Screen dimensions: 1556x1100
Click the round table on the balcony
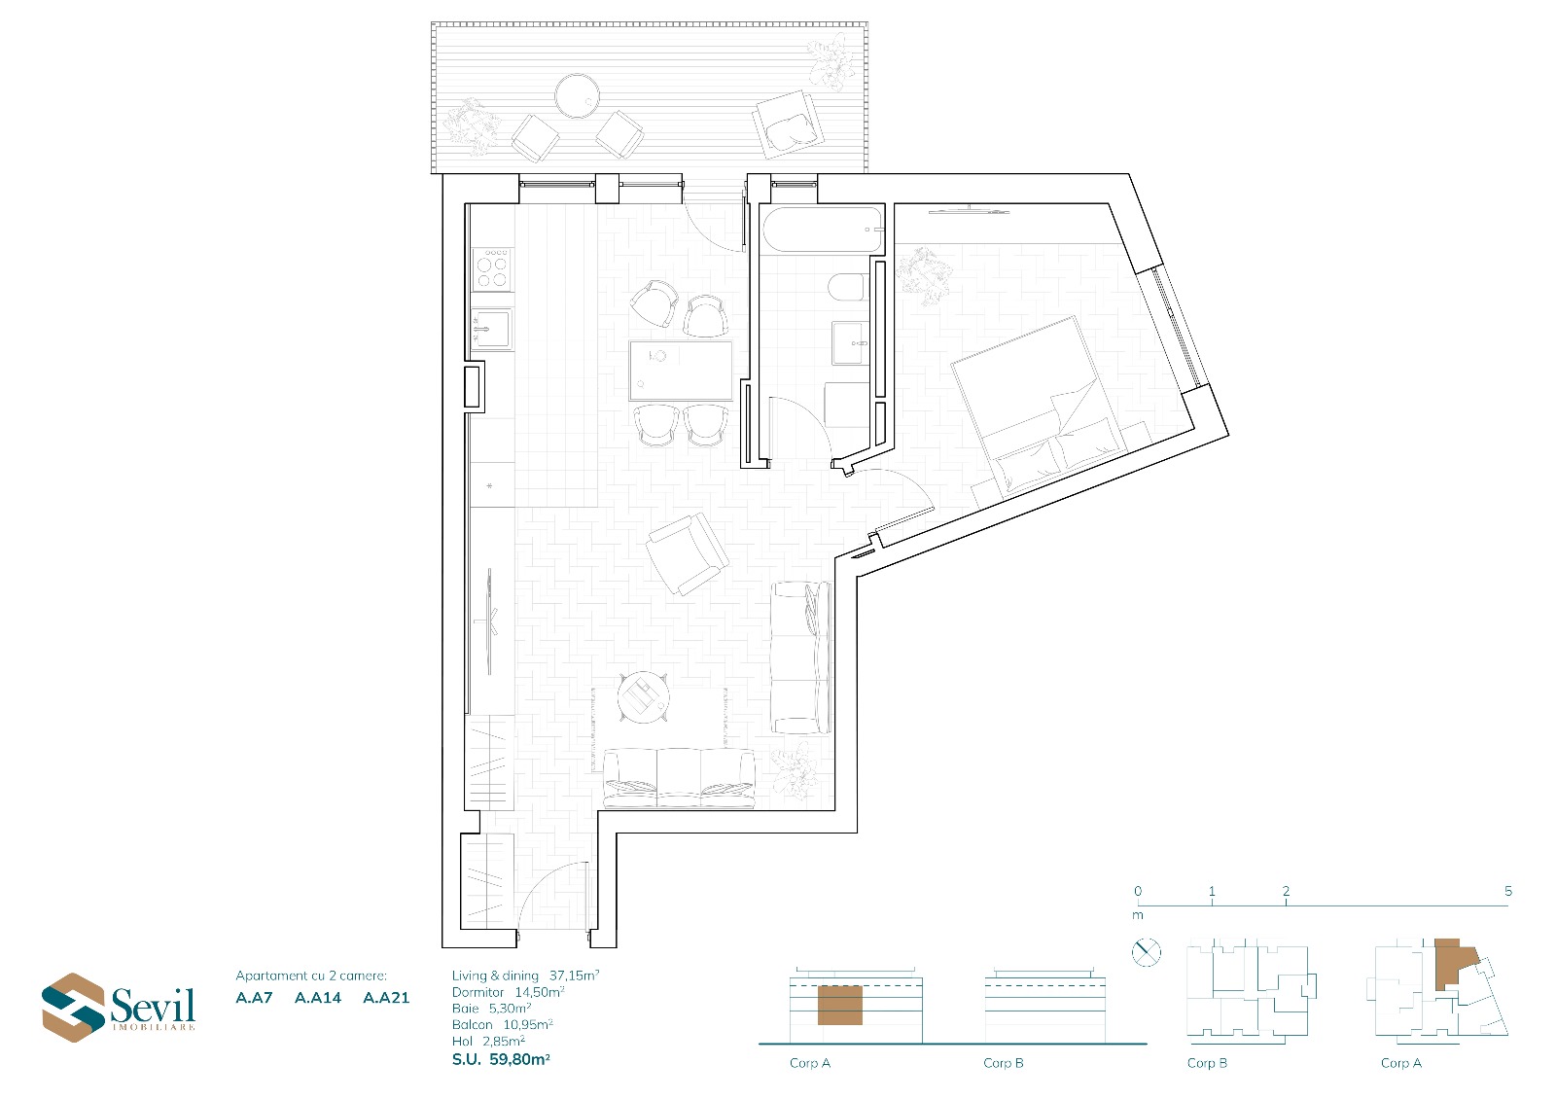click(577, 96)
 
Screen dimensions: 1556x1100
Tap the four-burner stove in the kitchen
click(492, 268)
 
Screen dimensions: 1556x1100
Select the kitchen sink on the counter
click(492, 329)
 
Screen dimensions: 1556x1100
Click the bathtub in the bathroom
click(823, 230)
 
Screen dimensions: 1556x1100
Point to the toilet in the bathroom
click(847, 287)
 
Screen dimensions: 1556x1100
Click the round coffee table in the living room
click(643, 697)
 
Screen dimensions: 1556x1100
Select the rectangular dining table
click(681, 371)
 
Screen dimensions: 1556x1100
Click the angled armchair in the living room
click(687, 553)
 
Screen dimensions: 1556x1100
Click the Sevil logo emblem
click(74, 1007)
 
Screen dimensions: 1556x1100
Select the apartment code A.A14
click(318, 998)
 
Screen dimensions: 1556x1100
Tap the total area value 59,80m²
click(519, 1059)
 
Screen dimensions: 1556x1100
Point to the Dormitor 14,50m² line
click(508, 992)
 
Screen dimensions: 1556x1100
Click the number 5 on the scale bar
click(1508, 891)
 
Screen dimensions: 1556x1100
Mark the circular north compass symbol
click(1147, 952)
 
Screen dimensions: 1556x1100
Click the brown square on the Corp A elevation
click(840, 1005)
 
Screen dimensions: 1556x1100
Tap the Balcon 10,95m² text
click(502, 1024)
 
